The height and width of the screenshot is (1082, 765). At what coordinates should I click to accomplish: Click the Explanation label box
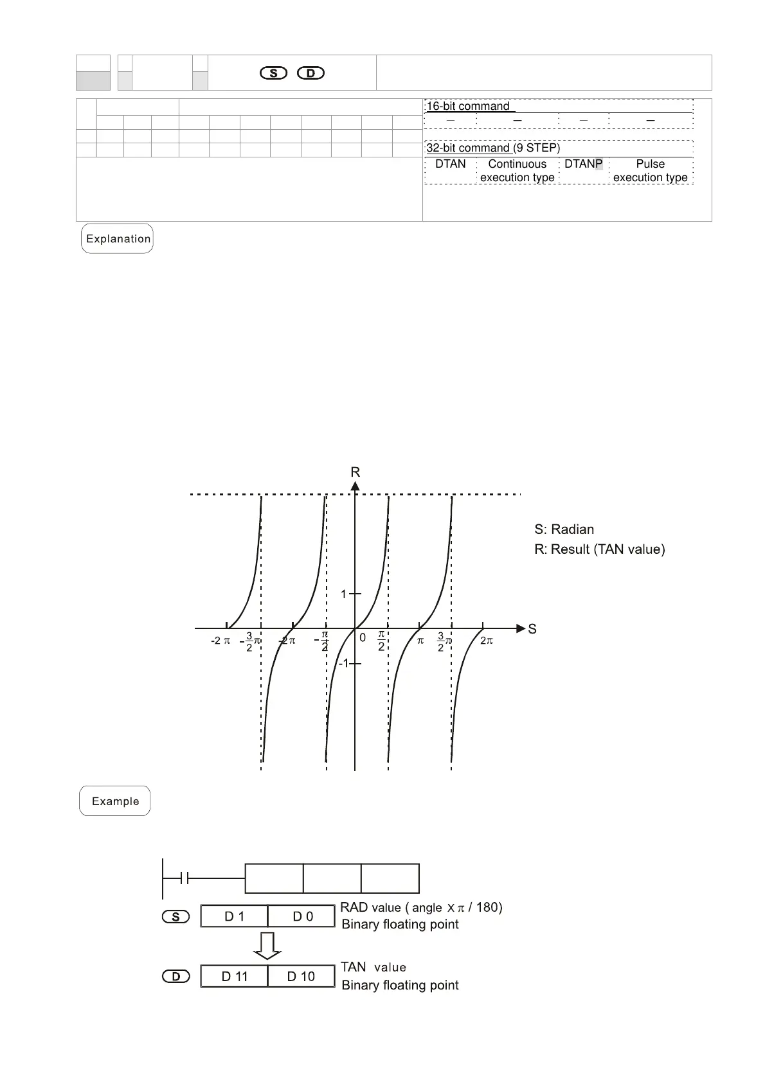click(x=117, y=238)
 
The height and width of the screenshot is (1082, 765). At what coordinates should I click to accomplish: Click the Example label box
click(x=115, y=801)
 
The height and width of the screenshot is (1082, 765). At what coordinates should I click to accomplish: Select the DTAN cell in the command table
click(x=450, y=164)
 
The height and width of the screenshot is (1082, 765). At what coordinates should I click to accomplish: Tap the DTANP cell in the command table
click(x=583, y=164)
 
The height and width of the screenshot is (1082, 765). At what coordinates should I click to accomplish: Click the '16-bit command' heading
click(x=468, y=107)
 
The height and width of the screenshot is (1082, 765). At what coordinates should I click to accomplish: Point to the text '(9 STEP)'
click(x=537, y=148)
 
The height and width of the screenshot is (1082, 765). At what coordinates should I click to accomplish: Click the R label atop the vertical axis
click(x=355, y=472)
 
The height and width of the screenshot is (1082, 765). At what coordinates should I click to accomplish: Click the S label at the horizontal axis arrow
click(x=532, y=629)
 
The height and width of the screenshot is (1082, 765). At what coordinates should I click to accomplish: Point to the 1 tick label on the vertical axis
click(x=343, y=594)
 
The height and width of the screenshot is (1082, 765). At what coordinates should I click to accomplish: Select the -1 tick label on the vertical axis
click(x=343, y=663)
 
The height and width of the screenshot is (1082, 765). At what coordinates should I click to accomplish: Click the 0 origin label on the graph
click(x=363, y=638)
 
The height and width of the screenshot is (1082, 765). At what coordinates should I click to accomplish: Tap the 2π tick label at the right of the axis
click(x=487, y=641)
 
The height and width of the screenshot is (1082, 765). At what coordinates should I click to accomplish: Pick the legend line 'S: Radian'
click(x=564, y=529)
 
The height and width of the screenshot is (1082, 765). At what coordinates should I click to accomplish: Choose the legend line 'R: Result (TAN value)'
click(x=599, y=549)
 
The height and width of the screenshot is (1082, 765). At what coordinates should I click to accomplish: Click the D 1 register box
click(x=234, y=916)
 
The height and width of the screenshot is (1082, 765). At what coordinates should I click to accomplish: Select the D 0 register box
click(x=302, y=916)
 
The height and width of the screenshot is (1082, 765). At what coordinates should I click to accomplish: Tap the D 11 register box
click(x=234, y=977)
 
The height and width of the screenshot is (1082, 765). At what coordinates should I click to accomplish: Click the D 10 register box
click(x=301, y=977)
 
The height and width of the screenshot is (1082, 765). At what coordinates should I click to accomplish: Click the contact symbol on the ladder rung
click(x=184, y=878)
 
